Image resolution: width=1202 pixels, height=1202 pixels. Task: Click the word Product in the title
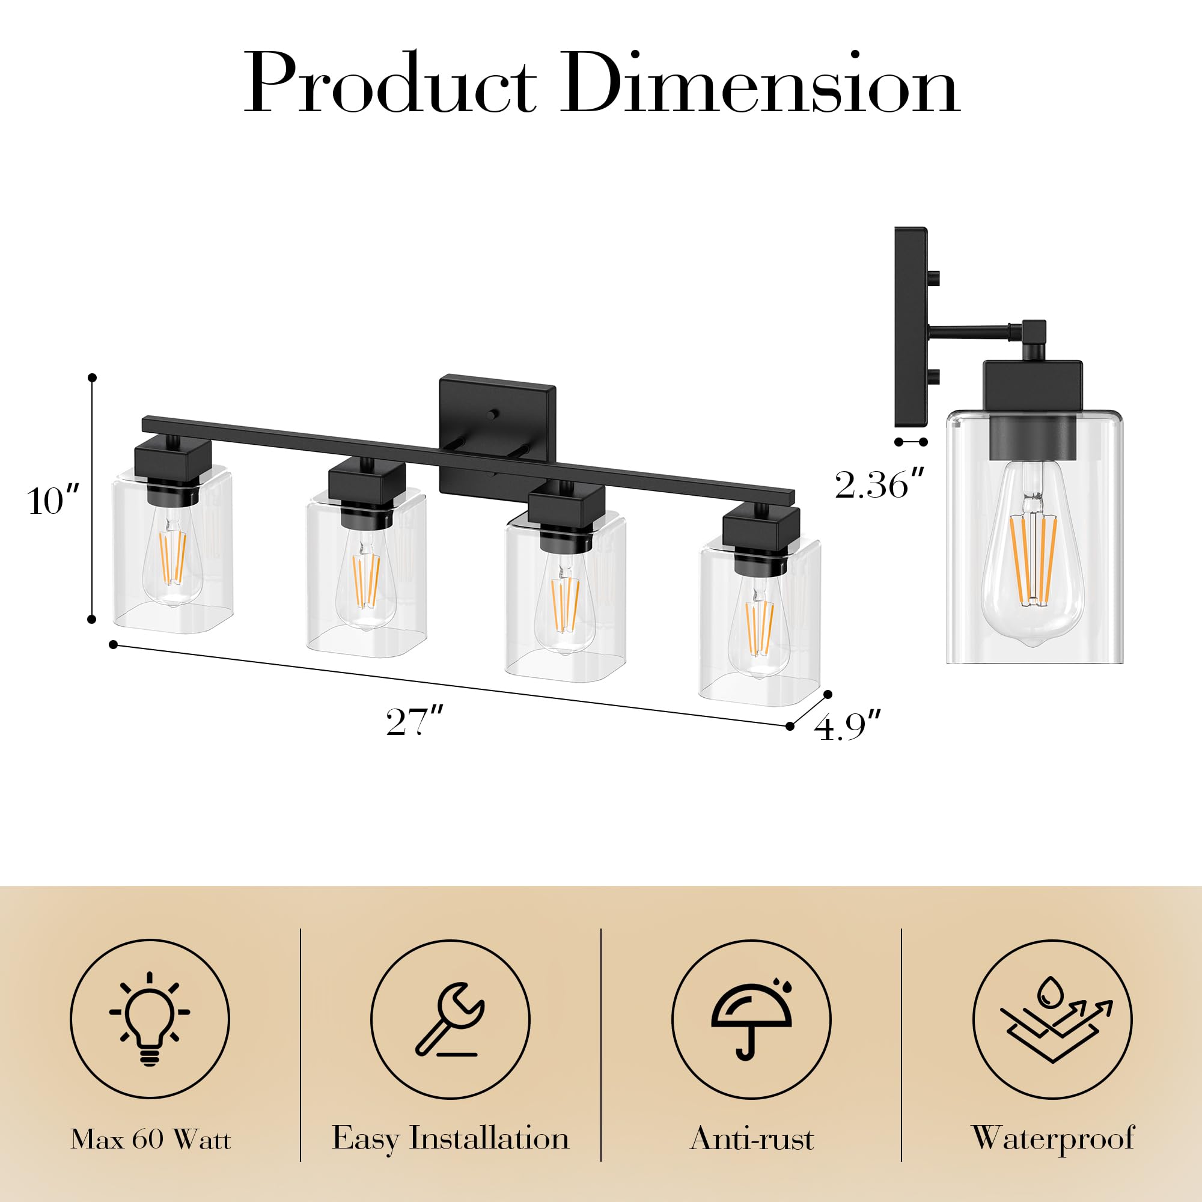(x=389, y=84)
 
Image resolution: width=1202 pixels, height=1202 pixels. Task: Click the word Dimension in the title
(x=760, y=84)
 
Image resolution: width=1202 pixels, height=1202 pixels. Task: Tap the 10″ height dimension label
(x=53, y=501)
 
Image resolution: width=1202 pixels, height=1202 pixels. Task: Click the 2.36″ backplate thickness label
(x=880, y=485)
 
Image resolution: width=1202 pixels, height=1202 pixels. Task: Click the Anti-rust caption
(x=752, y=1156)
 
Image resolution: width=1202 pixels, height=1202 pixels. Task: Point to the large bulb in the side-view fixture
(x=1033, y=560)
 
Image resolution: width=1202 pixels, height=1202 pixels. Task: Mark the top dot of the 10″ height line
(x=92, y=377)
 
